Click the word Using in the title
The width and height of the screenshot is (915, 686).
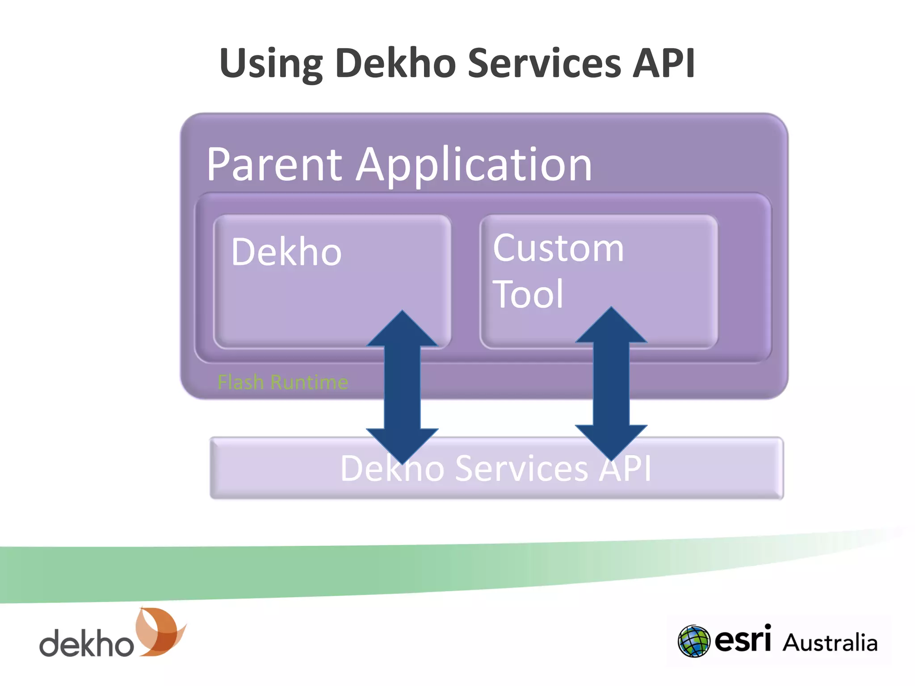pyautogui.click(x=271, y=64)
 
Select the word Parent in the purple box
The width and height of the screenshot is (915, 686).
pyautogui.click(x=274, y=165)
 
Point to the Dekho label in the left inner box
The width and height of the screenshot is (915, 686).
pyautogui.click(x=286, y=252)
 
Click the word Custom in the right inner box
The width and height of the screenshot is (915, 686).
pyautogui.click(x=558, y=248)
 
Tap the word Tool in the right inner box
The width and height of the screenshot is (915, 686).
pyautogui.click(x=528, y=294)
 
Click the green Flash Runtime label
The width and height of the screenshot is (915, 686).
pyautogui.click(x=282, y=382)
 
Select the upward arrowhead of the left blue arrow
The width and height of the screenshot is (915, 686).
pyautogui.click(x=402, y=330)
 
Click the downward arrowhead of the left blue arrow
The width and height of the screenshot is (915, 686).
pyautogui.click(x=402, y=444)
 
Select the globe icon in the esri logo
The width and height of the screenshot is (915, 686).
pyautogui.click(x=693, y=641)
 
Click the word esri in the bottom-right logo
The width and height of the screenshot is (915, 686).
pyautogui.click(x=743, y=640)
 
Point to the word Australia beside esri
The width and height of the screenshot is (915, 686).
pyautogui.click(x=830, y=643)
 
